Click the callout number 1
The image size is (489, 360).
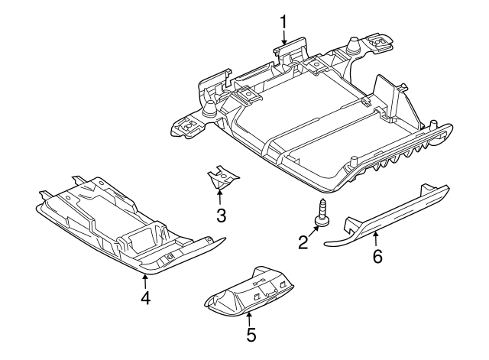(x=283, y=22)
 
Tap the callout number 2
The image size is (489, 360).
(x=303, y=243)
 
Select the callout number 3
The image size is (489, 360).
(x=221, y=216)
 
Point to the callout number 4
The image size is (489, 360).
(x=146, y=297)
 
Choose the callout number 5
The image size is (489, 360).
(x=251, y=335)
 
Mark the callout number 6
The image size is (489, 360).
(x=377, y=256)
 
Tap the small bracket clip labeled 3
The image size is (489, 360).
(x=222, y=177)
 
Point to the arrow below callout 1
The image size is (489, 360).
(x=283, y=37)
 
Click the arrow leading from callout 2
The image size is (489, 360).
(x=313, y=232)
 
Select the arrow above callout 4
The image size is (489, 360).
(x=144, y=281)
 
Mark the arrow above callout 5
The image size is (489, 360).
(x=249, y=319)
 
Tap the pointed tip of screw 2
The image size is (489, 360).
(x=322, y=200)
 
